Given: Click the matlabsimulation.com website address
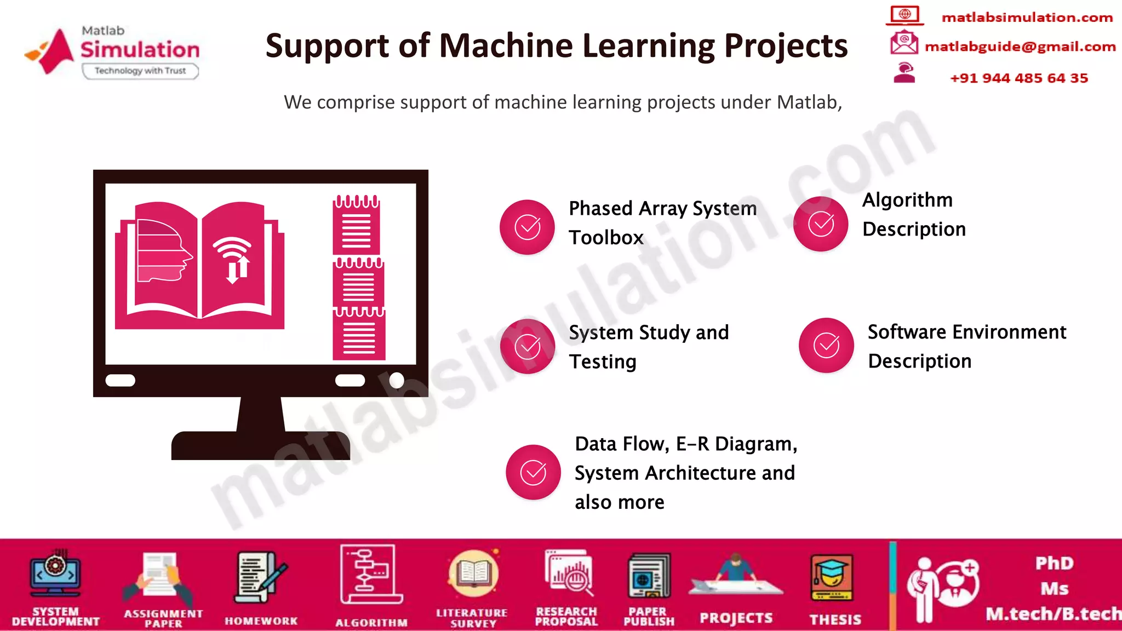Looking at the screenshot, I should (1027, 18).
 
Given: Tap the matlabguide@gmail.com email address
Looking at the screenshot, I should (1020, 47).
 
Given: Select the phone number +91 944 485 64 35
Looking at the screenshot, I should (1018, 78).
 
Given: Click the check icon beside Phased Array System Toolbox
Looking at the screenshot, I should (527, 227).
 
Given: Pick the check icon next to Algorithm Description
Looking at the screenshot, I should (821, 223).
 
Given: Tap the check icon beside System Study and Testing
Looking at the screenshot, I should (527, 346).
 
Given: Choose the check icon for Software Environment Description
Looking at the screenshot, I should (826, 345).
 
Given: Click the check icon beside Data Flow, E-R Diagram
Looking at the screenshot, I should (533, 472).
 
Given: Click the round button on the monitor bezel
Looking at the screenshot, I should (397, 380).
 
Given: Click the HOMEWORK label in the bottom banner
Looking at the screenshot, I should (261, 621).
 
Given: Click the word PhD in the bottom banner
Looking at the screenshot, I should (1054, 563).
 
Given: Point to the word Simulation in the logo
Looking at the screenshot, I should (140, 50).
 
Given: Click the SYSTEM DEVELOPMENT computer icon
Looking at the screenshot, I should (55, 574).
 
